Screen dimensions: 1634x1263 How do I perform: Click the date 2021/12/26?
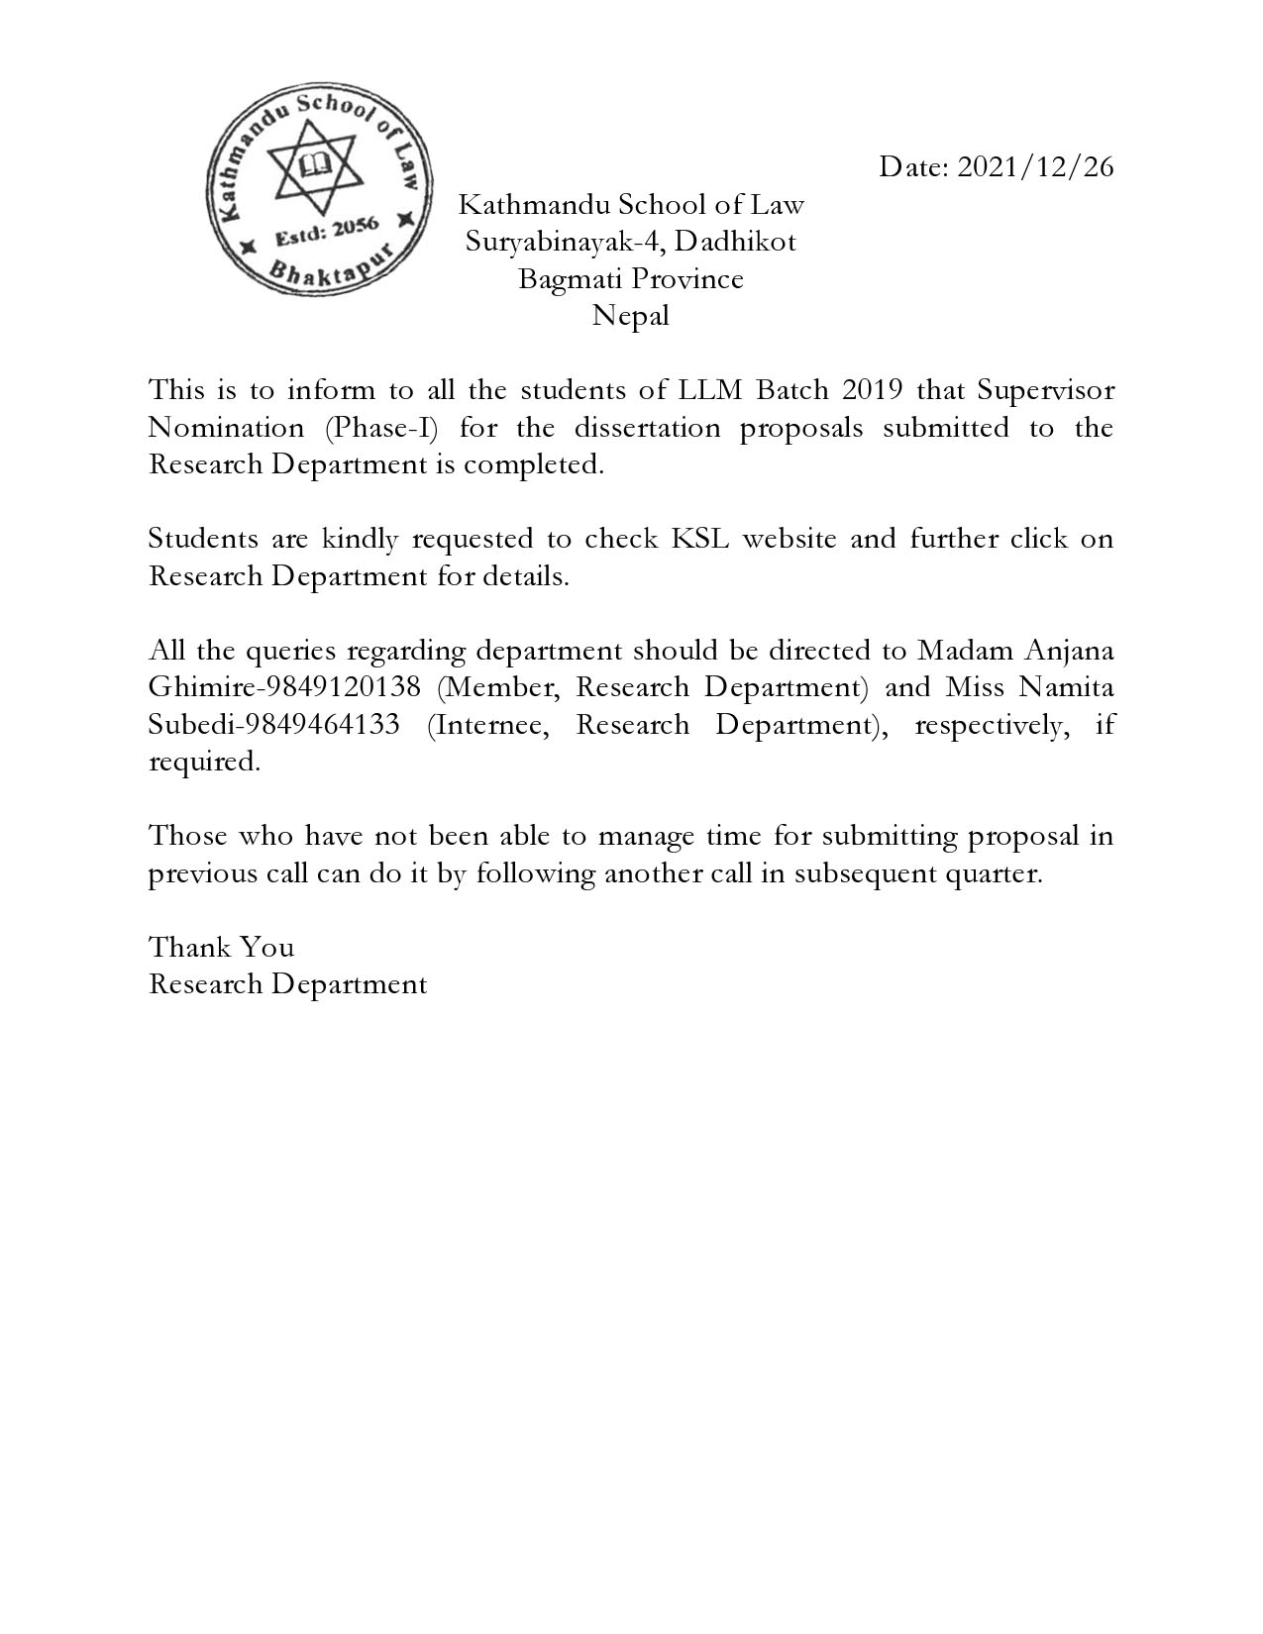[x=1035, y=166]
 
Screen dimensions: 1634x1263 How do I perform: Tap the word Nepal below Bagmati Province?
[x=630, y=316]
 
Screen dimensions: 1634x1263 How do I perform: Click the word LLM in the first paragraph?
[x=710, y=389]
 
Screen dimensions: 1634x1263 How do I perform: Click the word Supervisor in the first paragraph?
[x=1045, y=389]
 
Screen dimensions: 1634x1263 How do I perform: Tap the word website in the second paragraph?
[x=789, y=539]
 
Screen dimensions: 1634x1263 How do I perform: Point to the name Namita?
[x=1065, y=687]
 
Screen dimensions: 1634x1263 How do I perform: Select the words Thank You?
[x=221, y=948]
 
